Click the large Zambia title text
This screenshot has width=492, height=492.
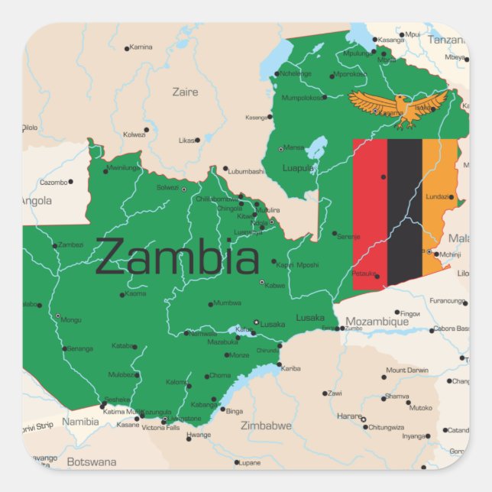pyautogui.click(x=177, y=257)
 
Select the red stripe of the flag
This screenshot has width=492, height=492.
pyautogui.click(x=370, y=214)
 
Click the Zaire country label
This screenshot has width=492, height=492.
pyautogui.click(x=185, y=92)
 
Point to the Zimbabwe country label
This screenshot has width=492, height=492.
pyautogui.click(x=266, y=426)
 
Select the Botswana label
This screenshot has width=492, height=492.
pyautogui.click(x=92, y=462)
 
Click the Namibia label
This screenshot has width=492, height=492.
pyautogui.click(x=80, y=422)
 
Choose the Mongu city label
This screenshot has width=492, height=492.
pyautogui.click(x=71, y=320)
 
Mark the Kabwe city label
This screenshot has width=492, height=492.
pyautogui.click(x=275, y=286)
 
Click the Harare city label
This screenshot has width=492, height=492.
pyautogui.click(x=348, y=416)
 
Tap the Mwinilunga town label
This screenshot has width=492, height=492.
pyautogui.click(x=125, y=167)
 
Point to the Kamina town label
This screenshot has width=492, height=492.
pyautogui.click(x=141, y=47)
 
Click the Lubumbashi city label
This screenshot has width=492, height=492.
pyautogui.click(x=246, y=171)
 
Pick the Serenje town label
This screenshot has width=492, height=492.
pyautogui.click(x=348, y=237)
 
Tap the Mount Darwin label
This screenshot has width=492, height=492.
pyautogui.click(x=406, y=371)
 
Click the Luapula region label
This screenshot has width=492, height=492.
pyautogui.click(x=298, y=168)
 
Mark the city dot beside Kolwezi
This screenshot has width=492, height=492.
pyautogui.click(x=147, y=129)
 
